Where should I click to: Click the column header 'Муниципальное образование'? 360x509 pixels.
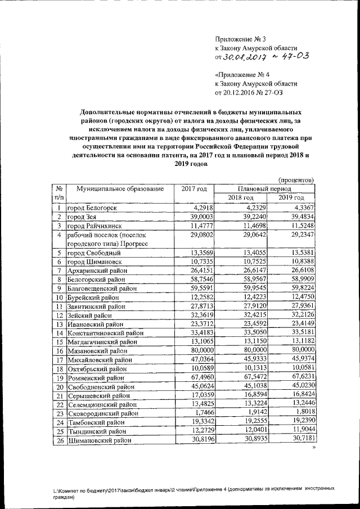pyautogui.click(x=120, y=188)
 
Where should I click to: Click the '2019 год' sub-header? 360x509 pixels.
pyautogui.click(x=291, y=198)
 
